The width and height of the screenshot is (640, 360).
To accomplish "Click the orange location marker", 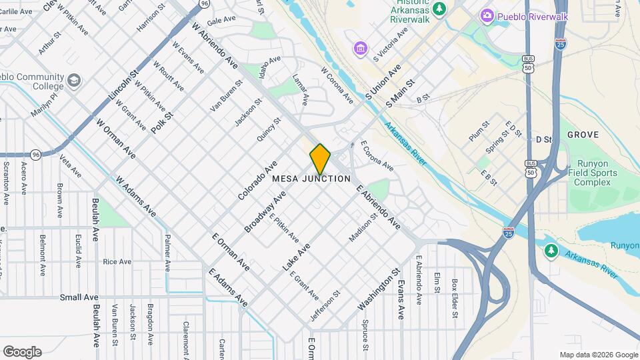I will coord(320,159).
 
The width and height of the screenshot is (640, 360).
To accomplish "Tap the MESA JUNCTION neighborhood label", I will coord(311,179).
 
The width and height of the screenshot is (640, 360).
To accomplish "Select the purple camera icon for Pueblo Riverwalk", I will coord(487,15).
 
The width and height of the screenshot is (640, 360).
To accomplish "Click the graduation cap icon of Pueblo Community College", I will coord(73,81).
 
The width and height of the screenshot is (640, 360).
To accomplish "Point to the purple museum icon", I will coord(361,49).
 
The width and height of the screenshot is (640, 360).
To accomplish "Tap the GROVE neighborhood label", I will coord(583,135).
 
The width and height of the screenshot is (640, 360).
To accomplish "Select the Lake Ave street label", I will coord(296,257).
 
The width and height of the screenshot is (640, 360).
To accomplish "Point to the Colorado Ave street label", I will coord(257,181).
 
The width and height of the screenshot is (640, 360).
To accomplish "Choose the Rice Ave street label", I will coord(117,262).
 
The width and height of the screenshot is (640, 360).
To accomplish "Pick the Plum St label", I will coord(479,131).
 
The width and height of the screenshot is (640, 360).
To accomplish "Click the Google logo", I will coord(22,351).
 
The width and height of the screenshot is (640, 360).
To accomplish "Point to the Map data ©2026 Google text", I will coord(598,355).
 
